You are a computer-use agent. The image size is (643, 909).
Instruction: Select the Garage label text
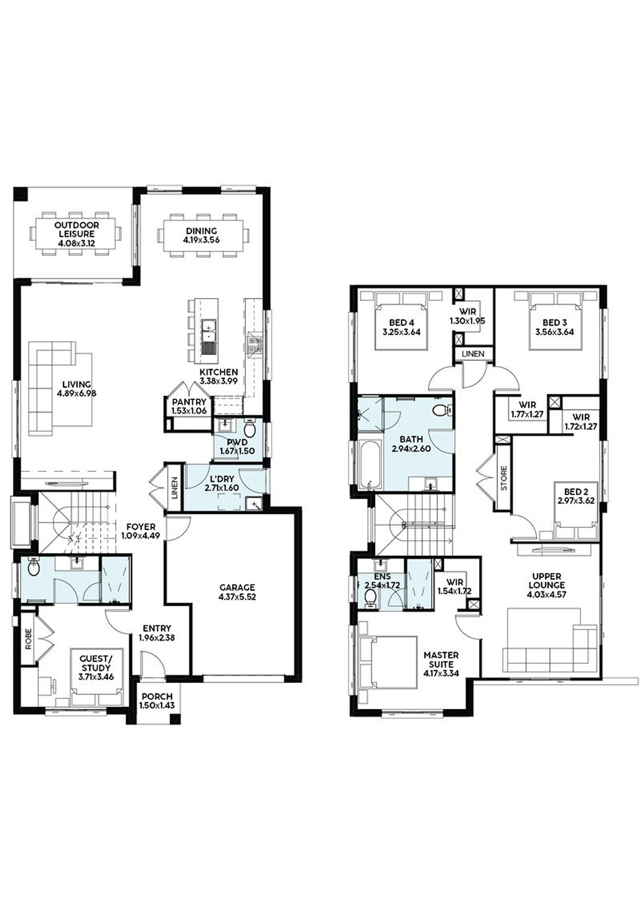click(237, 587)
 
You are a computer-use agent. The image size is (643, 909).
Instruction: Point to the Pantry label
click(189, 402)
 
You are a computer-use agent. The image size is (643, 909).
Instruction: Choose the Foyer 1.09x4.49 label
click(141, 531)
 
